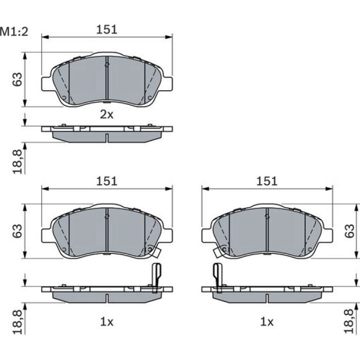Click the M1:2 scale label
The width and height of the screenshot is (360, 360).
point(14,32)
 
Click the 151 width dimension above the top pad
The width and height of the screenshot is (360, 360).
point(107,29)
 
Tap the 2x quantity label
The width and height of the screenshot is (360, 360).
point(107,115)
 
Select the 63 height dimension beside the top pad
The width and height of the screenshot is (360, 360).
point(18,79)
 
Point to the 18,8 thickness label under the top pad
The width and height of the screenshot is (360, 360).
point(18,161)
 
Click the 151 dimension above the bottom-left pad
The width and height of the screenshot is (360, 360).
point(107,181)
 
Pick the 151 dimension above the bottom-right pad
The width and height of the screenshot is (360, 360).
point(267,181)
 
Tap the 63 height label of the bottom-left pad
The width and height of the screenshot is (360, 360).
point(18,231)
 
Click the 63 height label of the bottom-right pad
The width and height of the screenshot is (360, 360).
point(349,231)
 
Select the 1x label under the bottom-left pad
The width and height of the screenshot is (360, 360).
point(107,322)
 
